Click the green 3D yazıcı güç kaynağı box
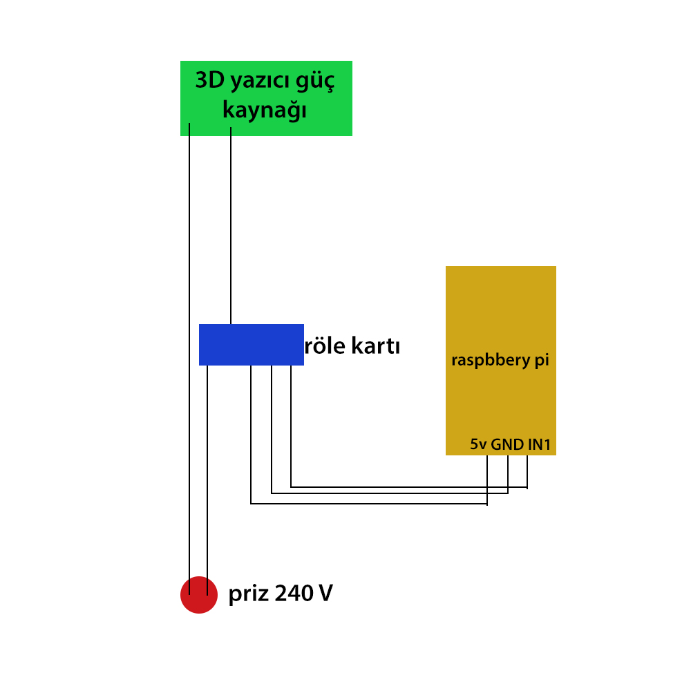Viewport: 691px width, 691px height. click(x=266, y=98)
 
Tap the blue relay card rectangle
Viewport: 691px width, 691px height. click(x=252, y=345)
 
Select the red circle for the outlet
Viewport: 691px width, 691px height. click(x=199, y=594)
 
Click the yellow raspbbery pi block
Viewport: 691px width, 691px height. click(x=500, y=361)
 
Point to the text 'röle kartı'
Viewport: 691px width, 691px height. click(x=352, y=345)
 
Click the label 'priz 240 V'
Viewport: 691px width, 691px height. click(x=281, y=594)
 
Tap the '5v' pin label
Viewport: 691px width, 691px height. click(x=478, y=444)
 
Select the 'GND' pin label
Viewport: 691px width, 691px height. click(x=507, y=444)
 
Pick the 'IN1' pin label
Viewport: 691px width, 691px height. click(x=539, y=444)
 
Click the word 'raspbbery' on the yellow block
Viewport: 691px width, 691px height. click(x=491, y=361)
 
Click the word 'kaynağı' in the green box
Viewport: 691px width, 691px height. click(x=265, y=110)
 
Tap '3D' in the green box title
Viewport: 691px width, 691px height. click(x=210, y=80)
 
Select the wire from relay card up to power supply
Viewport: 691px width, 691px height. click(x=231, y=226)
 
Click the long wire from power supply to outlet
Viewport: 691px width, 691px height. click(x=189, y=359)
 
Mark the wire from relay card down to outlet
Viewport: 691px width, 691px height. click(x=207, y=480)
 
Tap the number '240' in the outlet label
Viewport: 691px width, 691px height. click(x=294, y=593)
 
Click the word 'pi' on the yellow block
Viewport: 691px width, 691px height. click(x=542, y=361)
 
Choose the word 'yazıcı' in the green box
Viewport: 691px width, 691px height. click(x=260, y=82)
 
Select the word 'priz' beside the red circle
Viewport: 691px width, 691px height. click(x=249, y=594)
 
